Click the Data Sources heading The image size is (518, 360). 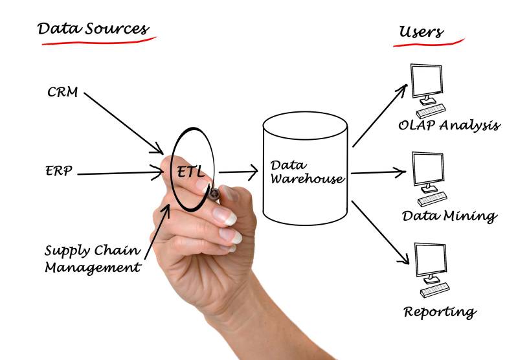(x=93, y=28)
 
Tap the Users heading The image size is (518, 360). (x=422, y=31)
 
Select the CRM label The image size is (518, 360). (x=62, y=92)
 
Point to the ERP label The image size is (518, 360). (x=59, y=172)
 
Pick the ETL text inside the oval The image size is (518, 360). (x=190, y=172)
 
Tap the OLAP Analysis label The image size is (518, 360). (x=449, y=125)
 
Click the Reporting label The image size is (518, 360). (x=440, y=311)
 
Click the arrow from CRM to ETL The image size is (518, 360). (x=124, y=120)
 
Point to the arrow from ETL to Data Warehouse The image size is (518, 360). (x=238, y=173)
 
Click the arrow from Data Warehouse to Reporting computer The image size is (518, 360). (x=381, y=234)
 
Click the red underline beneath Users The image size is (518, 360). (x=429, y=43)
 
